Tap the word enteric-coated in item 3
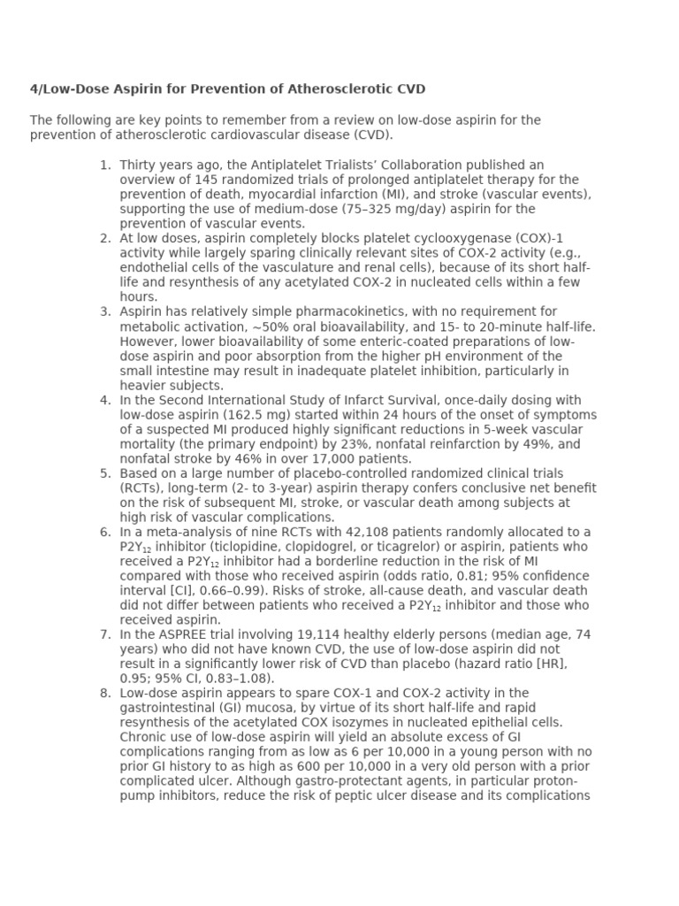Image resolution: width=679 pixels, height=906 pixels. coord(338,342)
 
